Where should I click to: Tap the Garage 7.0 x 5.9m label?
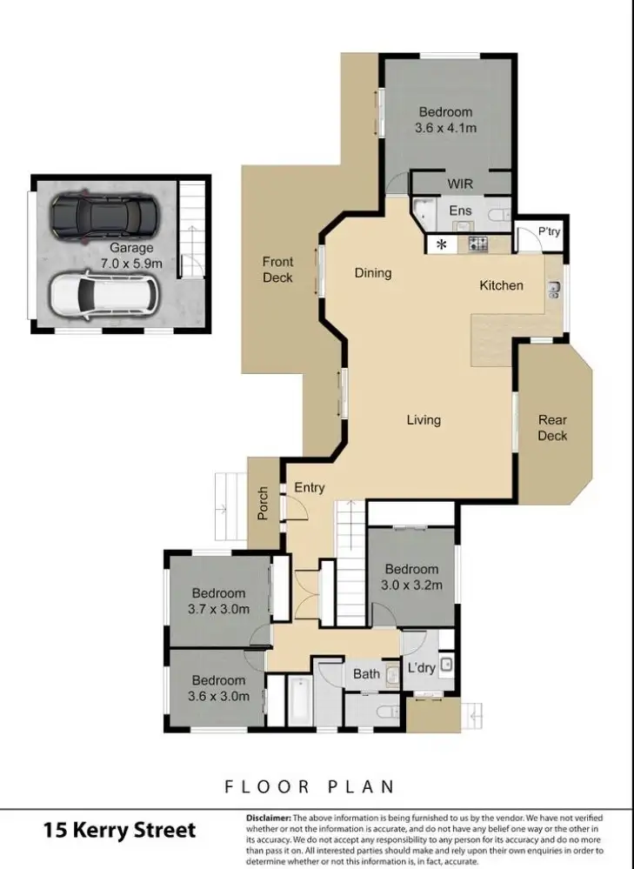tap(130, 255)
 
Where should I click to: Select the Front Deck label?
tap(277, 270)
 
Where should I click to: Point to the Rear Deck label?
tap(552, 427)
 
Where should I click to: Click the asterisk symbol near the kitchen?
tap(442, 245)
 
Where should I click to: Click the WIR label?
tap(460, 184)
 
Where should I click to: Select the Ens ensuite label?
tap(460, 211)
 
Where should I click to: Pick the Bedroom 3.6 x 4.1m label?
tap(445, 120)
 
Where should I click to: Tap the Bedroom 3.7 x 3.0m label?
tap(218, 601)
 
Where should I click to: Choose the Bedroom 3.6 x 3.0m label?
tap(218, 688)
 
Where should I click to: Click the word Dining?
tap(373, 273)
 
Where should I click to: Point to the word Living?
tap(424, 420)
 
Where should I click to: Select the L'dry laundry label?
tap(422, 668)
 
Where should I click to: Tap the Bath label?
tap(366, 674)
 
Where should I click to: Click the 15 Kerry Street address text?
tap(120, 830)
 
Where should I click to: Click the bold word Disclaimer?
tap(269, 818)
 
